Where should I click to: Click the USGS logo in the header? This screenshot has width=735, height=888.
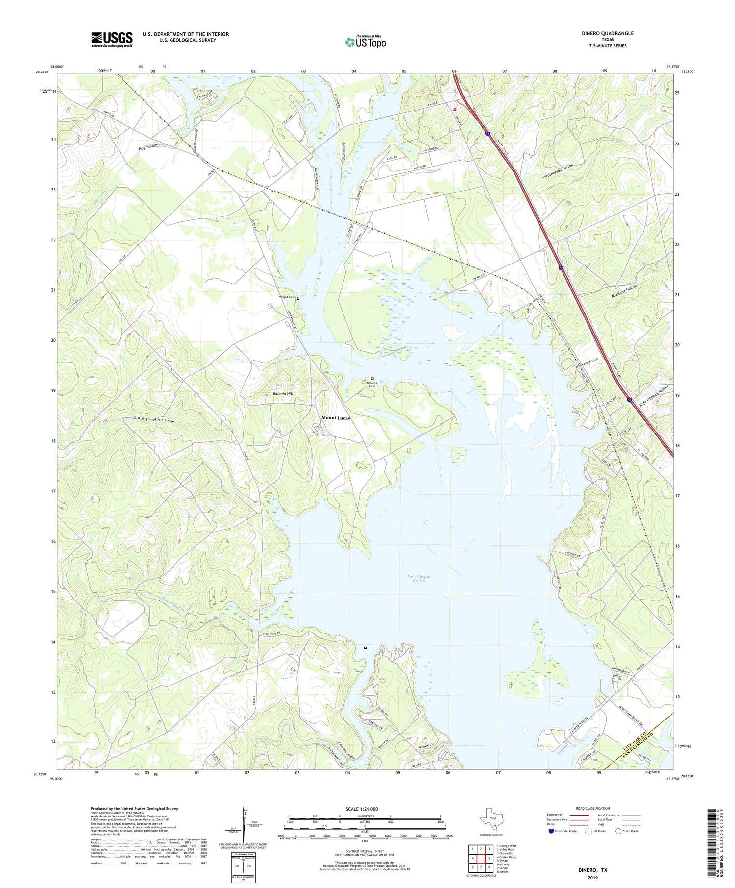[x=112, y=39]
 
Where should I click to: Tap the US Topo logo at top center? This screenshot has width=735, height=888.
[x=365, y=42]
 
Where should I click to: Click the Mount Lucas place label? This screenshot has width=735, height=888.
[x=336, y=418]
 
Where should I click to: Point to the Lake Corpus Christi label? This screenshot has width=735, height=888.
[x=419, y=579]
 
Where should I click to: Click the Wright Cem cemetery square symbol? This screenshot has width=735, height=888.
[x=298, y=298]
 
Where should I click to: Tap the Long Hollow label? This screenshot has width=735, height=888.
[x=154, y=420]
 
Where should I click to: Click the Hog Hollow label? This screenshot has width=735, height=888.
[x=148, y=147]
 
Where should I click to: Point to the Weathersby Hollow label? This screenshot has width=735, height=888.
[x=558, y=172]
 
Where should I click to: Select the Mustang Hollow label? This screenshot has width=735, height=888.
[x=625, y=292]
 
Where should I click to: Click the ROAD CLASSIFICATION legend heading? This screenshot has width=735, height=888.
[x=592, y=808]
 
